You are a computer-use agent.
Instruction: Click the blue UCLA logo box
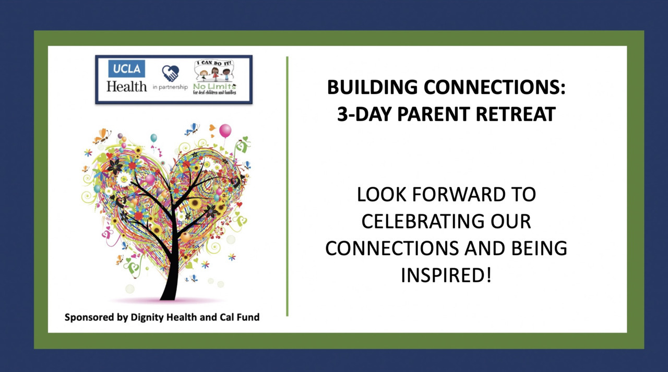tap(126, 68)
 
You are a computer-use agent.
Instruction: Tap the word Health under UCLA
tap(127, 87)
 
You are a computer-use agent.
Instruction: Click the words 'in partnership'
tap(170, 87)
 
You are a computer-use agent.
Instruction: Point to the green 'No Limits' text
tap(214, 86)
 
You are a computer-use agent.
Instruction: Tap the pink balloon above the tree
tap(225, 131)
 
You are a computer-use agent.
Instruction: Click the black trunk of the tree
tap(171, 268)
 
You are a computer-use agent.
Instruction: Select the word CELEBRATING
tap(423, 221)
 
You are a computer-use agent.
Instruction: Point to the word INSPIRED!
tap(446, 275)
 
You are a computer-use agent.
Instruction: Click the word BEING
tap(539, 248)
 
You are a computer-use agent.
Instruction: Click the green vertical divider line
tap(287, 186)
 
